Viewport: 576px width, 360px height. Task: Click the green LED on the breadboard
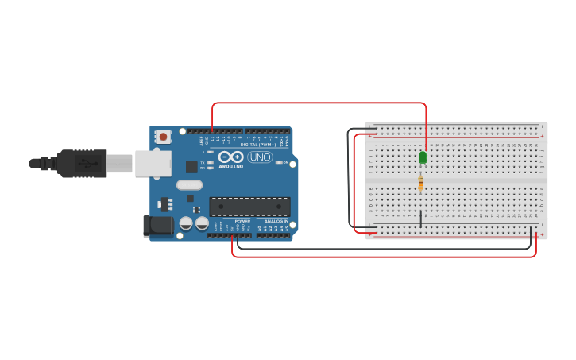[x=423, y=157]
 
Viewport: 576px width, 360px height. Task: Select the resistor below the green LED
[x=420, y=184]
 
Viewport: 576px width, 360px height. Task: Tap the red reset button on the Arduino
[x=163, y=137]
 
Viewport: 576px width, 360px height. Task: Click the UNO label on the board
[x=260, y=157]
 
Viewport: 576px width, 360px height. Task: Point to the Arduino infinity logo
[x=230, y=157]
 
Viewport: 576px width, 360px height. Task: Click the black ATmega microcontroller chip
[x=249, y=207]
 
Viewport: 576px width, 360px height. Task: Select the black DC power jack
[x=158, y=226]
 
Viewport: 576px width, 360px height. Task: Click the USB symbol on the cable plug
[x=85, y=163]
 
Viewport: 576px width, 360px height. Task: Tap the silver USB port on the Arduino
[x=153, y=163]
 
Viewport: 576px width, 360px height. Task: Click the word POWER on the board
[x=242, y=222]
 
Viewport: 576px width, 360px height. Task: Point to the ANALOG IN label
[x=276, y=222]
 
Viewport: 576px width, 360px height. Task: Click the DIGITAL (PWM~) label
[x=258, y=145]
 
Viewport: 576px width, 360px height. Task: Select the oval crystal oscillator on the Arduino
[x=190, y=185]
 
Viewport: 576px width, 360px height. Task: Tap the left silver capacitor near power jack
[x=186, y=224]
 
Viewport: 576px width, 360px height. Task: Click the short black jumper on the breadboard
[x=420, y=219]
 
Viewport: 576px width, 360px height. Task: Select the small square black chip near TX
[x=191, y=167]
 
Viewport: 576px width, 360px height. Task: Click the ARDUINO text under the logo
[x=231, y=166]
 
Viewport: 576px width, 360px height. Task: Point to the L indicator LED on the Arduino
[x=209, y=152]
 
